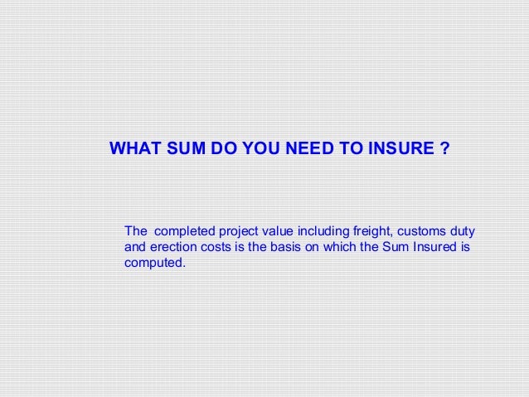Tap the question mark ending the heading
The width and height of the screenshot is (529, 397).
click(x=445, y=150)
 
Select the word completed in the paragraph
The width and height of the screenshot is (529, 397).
click(x=183, y=230)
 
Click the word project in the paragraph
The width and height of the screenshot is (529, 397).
click(x=240, y=230)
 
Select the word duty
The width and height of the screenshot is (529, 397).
click(x=464, y=230)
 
